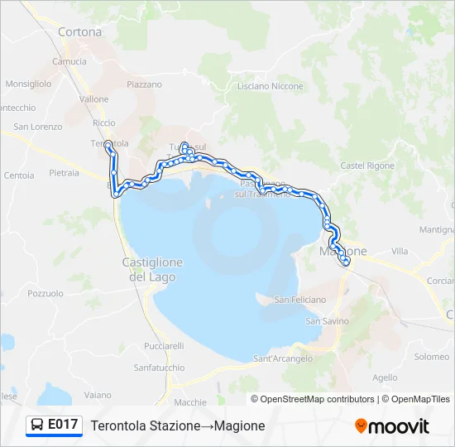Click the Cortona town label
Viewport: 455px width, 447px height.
coord(80,32)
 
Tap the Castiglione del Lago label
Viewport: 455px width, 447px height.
coord(152,270)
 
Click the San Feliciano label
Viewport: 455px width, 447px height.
coord(300,300)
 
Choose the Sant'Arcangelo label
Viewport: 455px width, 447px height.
coord(283,358)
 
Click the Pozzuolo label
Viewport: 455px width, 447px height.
coord(45,293)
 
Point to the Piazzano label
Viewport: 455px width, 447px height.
coord(144,84)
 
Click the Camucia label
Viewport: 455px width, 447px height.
coord(69,61)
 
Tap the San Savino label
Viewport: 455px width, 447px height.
coord(328,320)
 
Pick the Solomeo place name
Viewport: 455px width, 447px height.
coord(431,357)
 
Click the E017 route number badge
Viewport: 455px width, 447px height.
coord(63,425)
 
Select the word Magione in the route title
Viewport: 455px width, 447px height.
coord(239,425)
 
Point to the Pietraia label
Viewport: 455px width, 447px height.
coord(64,173)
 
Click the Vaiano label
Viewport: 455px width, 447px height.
coord(98,395)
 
